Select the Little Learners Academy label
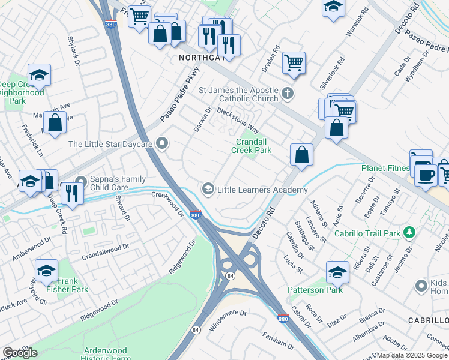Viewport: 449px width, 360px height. click(x=262, y=190)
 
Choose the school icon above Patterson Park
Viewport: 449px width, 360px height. click(x=337, y=272)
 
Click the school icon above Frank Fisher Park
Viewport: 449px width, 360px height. click(x=46, y=269)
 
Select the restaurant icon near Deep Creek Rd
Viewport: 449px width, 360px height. click(x=71, y=193)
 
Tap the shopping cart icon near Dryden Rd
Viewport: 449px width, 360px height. click(x=294, y=62)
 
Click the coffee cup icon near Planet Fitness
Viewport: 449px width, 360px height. click(x=426, y=175)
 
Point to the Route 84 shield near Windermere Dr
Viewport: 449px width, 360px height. click(x=196, y=330)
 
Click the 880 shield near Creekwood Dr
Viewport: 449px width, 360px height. click(x=195, y=215)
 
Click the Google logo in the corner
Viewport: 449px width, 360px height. click(x=19, y=352)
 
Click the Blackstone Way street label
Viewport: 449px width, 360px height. click(x=238, y=120)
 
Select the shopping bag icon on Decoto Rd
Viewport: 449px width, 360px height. click(x=301, y=155)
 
